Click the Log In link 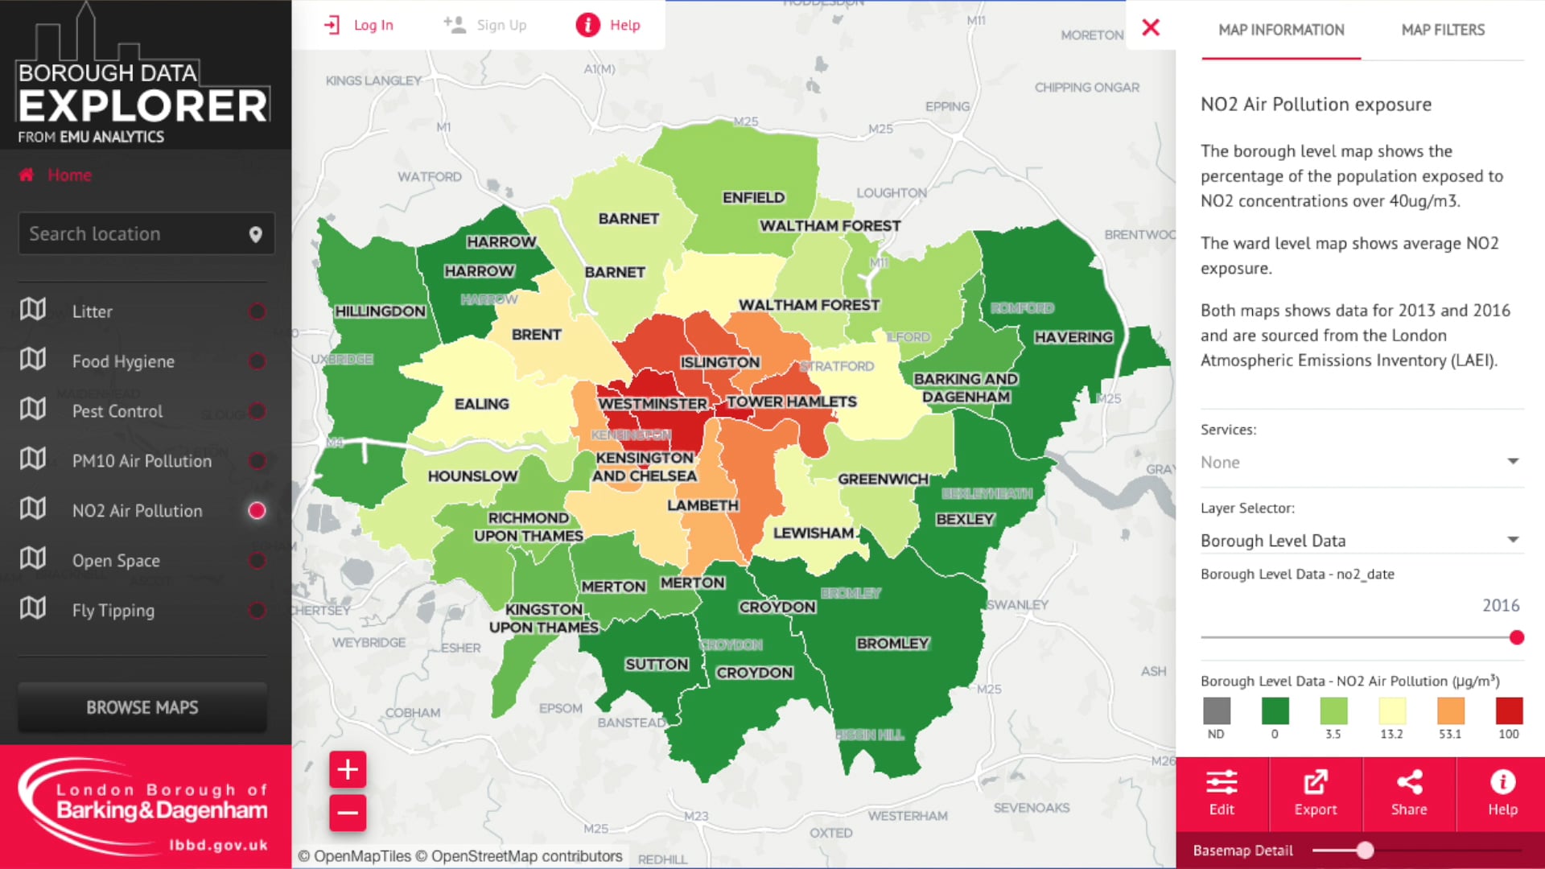coord(359,25)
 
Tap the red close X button coord(1151,28)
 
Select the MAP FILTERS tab coord(1442,31)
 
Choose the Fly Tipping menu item coord(113,610)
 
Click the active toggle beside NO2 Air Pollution coord(257,511)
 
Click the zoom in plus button coord(348,769)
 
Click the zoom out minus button coord(348,813)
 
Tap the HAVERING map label coord(1073,337)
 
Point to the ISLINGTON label coord(719,362)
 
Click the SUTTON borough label coord(657,664)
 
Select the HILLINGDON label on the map coord(380,311)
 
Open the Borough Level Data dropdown coord(1358,541)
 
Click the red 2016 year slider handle coord(1517,638)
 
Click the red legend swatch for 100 coord(1509,711)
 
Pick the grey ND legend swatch coord(1216,711)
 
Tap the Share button coord(1408,793)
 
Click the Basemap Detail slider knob coord(1365,850)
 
